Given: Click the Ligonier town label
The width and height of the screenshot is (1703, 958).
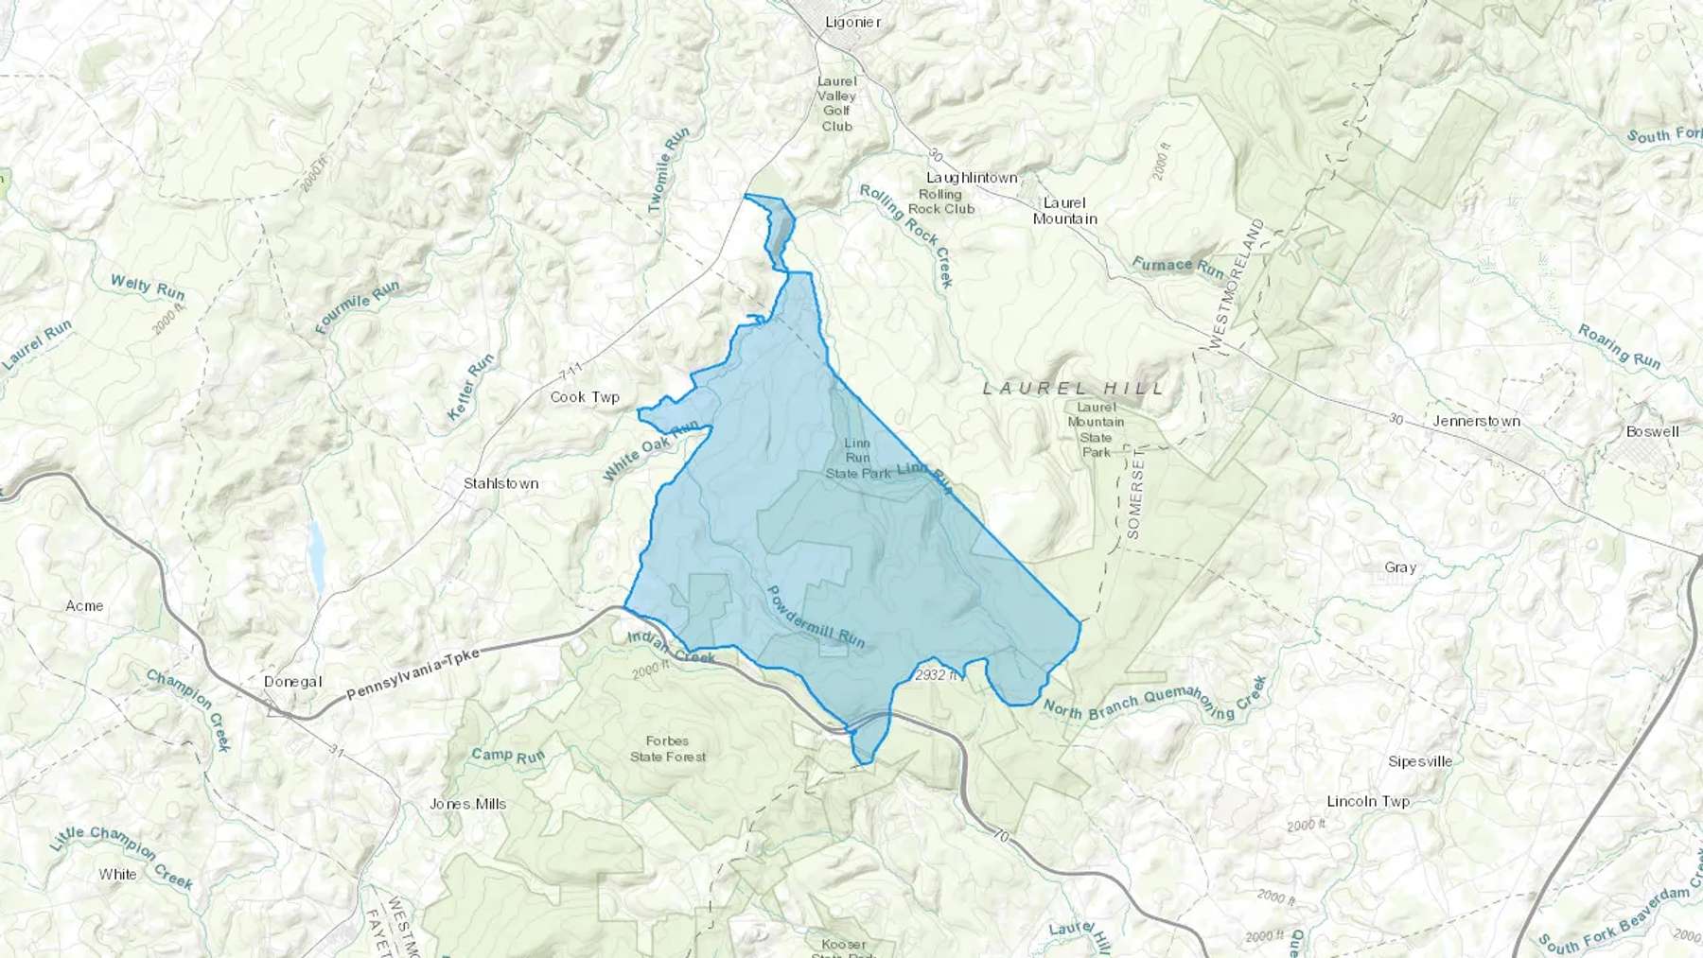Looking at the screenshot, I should (x=852, y=22).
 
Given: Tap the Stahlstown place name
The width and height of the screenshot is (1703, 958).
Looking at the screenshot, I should (x=500, y=483).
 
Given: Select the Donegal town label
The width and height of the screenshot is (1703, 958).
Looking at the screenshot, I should (x=293, y=682).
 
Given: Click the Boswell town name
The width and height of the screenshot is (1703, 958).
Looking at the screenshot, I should (x=1652, y=431).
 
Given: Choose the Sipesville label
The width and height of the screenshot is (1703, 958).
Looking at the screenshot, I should (x=1419, y=761).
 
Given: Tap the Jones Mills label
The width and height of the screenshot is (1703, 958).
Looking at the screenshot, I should (x=467, y=804).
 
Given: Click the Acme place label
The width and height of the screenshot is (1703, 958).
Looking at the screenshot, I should (x=84, y=605).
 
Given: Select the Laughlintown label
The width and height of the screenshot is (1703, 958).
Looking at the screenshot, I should (x=972, y=178).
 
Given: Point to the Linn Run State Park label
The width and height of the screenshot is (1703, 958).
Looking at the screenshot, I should (x=857, y=458).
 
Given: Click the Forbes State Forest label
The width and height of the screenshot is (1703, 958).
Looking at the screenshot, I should (x=668, y=748).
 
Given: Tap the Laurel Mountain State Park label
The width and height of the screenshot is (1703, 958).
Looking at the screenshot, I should (x=1096, y=429).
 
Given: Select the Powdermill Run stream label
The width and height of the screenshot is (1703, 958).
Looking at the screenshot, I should (x=815, y=616).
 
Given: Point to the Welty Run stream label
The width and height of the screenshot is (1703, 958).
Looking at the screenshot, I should (x=148, y=287).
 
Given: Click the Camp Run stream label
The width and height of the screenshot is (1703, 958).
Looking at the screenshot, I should (x=508, y=755).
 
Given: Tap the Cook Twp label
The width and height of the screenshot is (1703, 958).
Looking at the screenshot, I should (x=585, y=397).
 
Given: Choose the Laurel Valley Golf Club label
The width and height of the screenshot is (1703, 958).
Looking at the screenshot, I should (x=836, y=104).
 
